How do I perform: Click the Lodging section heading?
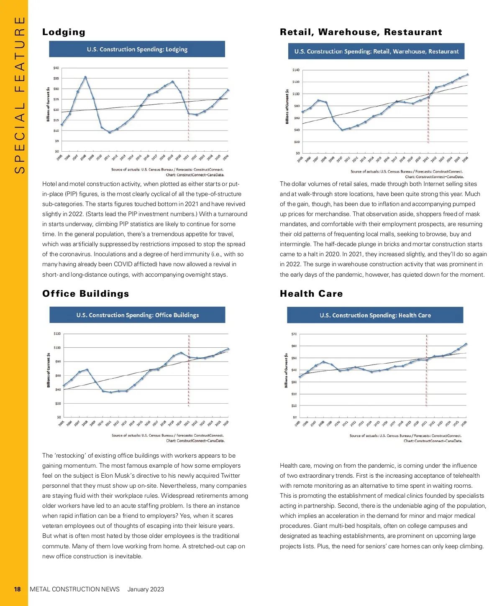point(64,32)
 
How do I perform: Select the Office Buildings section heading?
point(85,293)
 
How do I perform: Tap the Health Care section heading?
point(311,293)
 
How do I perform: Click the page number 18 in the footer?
point(17,589)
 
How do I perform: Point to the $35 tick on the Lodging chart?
point(56,78)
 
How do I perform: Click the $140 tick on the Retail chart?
point(296,70)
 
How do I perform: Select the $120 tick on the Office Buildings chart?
point(57,334)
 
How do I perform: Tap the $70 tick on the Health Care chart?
point(294,334)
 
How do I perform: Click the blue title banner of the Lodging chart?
point(137,49)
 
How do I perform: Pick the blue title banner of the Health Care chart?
point(375,315)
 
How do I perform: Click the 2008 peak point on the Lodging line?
point(85,77)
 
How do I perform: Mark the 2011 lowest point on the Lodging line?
point(110,132)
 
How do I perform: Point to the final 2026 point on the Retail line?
point(467,75)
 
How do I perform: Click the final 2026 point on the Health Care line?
point(466,344)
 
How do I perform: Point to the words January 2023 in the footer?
point(146,589)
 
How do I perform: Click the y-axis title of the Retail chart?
point(287,106)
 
